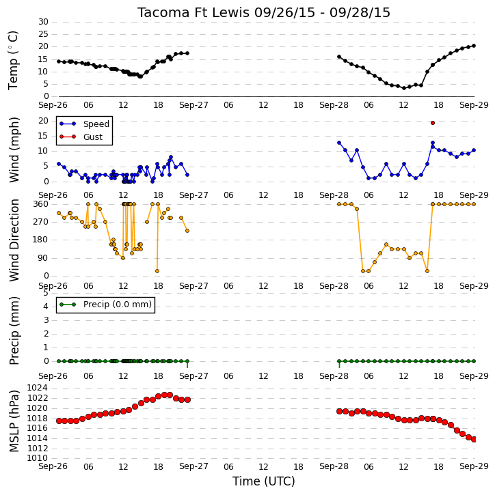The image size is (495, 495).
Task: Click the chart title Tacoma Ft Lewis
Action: pyautogui.click(x=193, y=12)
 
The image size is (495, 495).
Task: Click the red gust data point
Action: pyautogui.click(x=433, y=123)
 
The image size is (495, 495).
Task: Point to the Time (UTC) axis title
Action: pyautogui.click(x=264, y=481)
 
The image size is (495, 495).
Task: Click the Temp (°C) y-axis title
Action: pyautogui.click(x=14, y=60)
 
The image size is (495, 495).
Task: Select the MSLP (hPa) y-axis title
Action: pyautogui.click(x=14, y=421)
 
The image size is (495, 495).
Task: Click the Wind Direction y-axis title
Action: pyautogui.click(x=14, y=240)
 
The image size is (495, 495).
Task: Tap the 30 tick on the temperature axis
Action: pyautogui.click(x=43, y=22)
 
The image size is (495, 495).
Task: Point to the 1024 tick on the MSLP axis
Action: pyautogui.click(x=38, y=388)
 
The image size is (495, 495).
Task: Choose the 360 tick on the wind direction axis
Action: pyautogui.click(x=41, y=204)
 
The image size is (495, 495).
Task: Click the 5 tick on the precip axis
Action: pyautogui.click(x=46, y=293)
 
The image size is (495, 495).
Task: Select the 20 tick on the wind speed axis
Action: pyautogui.click(x=43, y=121)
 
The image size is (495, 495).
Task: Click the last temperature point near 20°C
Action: pyautogui.click(x=474, y=46)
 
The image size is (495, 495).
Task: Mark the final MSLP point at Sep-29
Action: pyautogui.click(x=474, y=439)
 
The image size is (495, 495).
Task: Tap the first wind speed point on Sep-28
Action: pyautogui.click(x=339, y=143)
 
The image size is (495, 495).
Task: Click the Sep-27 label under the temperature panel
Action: pyautogui.click(x=193, y=105)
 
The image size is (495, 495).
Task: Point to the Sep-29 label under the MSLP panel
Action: pyautogui.click(x=474, y=466)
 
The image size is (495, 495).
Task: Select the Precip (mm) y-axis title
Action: pyautogui.click(x=14, y=330)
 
